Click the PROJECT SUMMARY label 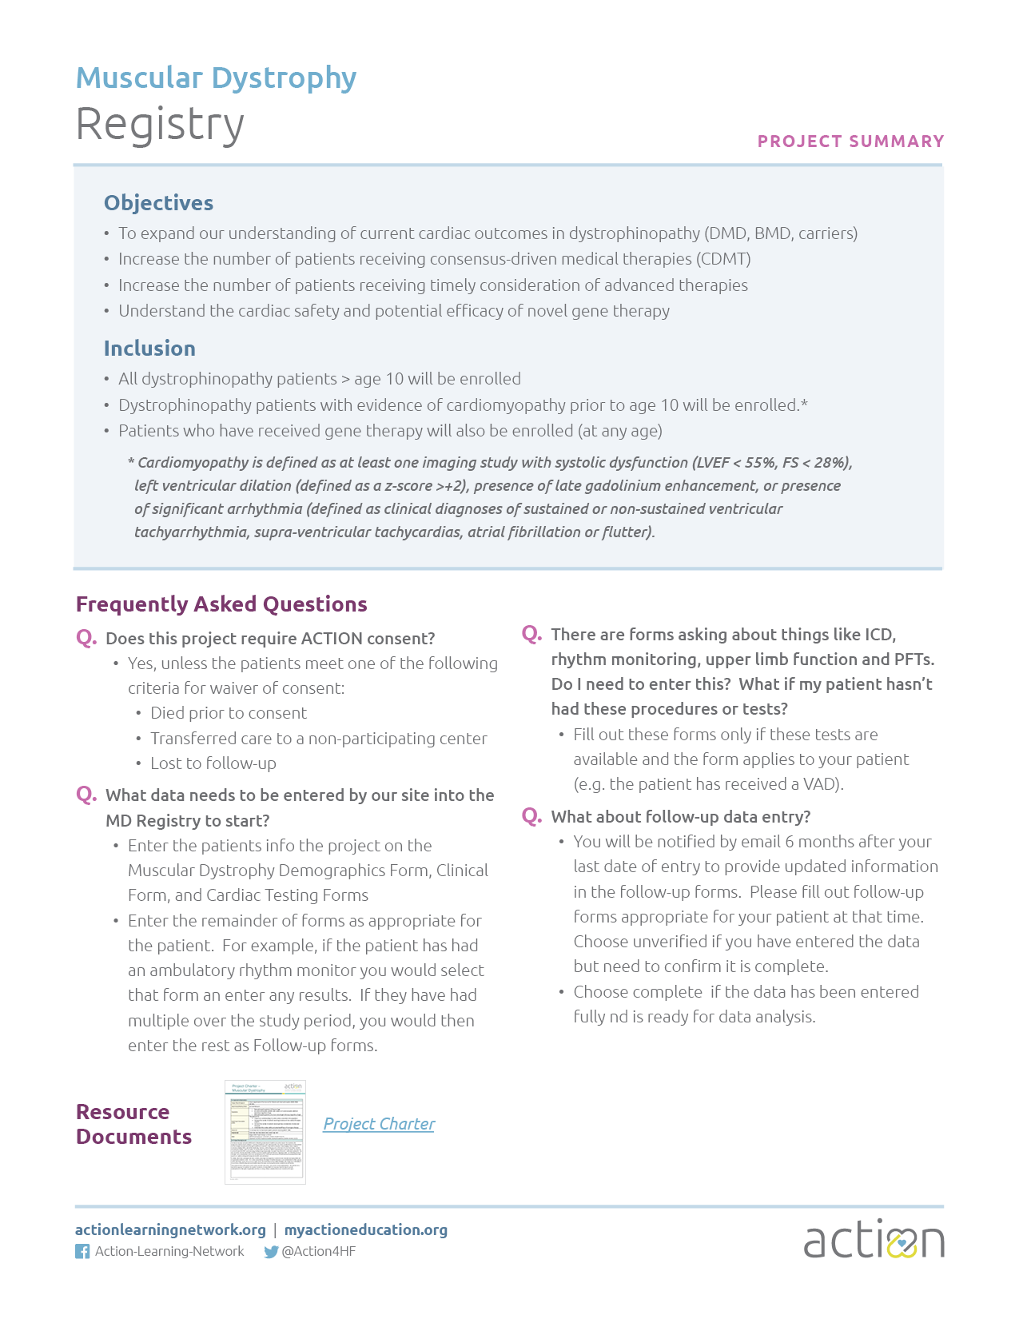click(850, 141)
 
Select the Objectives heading click(158, 203)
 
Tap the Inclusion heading click(149, 349)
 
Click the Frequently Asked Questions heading click(221, 604)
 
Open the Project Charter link click(379, 1124)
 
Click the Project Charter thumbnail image click(265, 1132)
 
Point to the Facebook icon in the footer click(82, 1252)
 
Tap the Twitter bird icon click(271, 1252)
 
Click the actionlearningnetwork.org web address click(170, 1229)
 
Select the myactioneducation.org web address click(366, 1229)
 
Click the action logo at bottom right click(874, 1240)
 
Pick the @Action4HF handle click(319, 1252)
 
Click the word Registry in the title click(160, 125)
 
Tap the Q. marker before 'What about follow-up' click(531, 816)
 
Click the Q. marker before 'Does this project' click(86, 638)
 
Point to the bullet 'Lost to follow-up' click(213, 763)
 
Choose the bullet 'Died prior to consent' click(228, 713)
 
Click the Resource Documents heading click(133, 1124)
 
